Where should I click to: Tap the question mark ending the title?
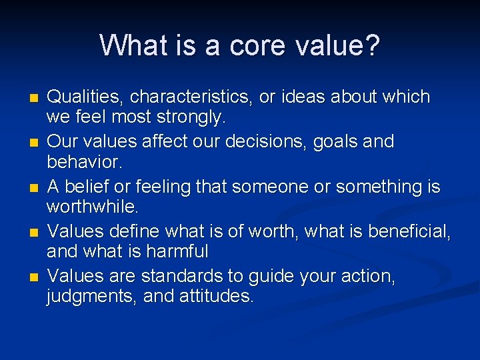coord(372,45)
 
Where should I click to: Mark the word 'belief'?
coord(85,187)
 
